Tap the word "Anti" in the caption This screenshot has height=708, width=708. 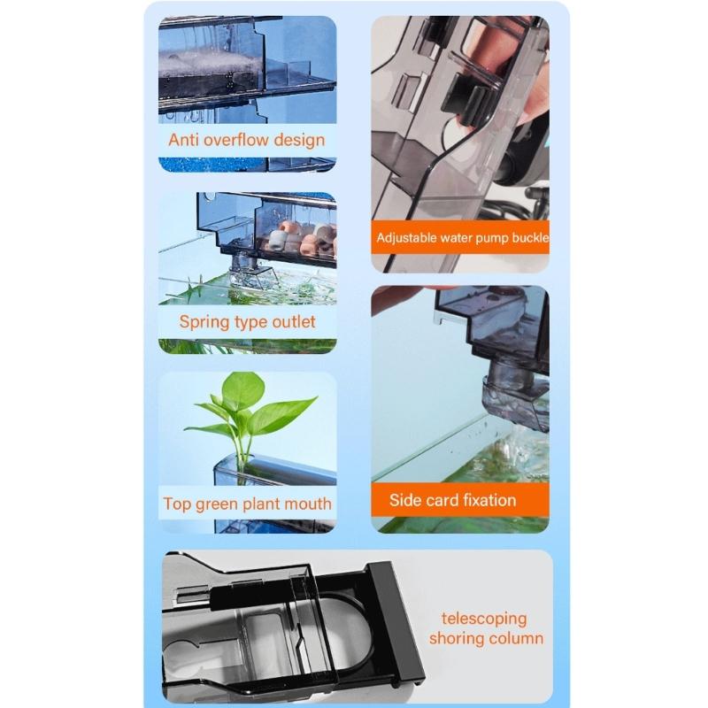click(183, 140)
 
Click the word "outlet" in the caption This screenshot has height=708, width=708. click(294, 322)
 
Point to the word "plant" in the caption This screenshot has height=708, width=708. click(260, 504)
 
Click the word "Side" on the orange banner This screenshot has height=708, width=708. click(404, 500)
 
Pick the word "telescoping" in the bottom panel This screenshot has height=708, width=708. click(484, 619)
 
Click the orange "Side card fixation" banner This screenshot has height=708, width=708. click(460, 500)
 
